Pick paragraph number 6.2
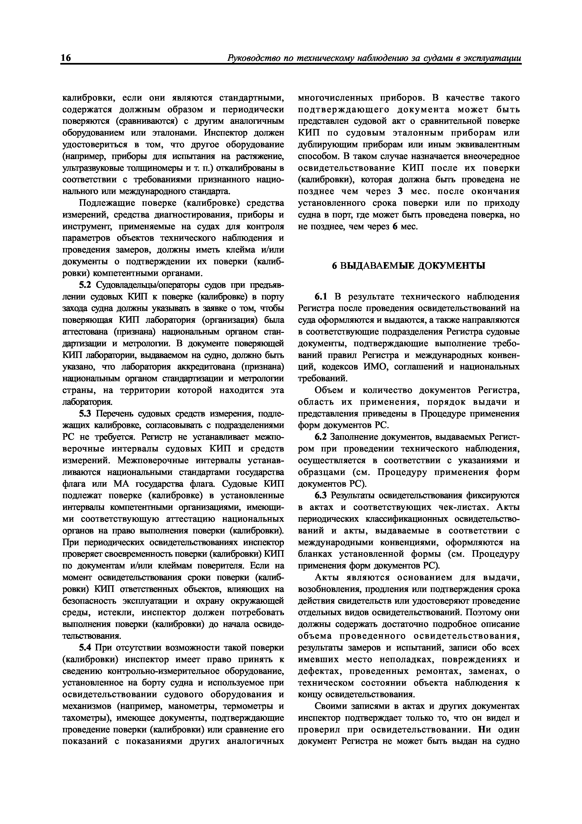(321, 437)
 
